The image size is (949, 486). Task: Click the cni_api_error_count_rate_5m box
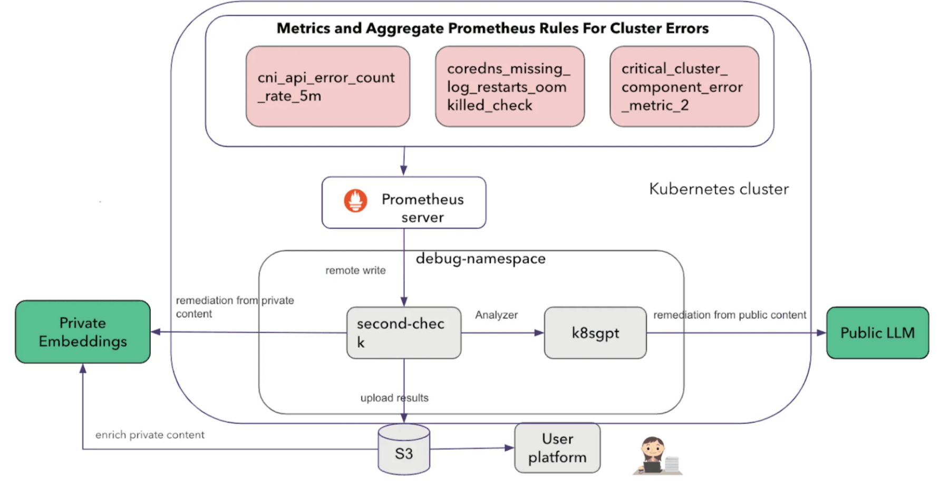327,86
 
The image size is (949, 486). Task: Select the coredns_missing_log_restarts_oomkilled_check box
509,86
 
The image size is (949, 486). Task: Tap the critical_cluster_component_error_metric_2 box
684,86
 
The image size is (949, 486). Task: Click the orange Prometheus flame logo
355,201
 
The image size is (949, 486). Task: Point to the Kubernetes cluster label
718,189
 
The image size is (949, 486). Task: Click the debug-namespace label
480,258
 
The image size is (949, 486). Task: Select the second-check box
403,333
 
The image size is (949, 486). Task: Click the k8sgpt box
595,333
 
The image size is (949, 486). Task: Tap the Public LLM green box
877,333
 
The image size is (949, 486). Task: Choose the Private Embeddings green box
83,332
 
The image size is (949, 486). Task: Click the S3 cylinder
404,451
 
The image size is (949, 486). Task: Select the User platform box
557,448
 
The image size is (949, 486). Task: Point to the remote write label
355,270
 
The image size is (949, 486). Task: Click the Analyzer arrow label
496,315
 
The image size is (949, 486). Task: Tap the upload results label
394,398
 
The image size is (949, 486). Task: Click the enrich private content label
150,435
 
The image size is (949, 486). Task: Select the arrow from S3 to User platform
472,449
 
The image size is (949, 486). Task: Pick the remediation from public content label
730,315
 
